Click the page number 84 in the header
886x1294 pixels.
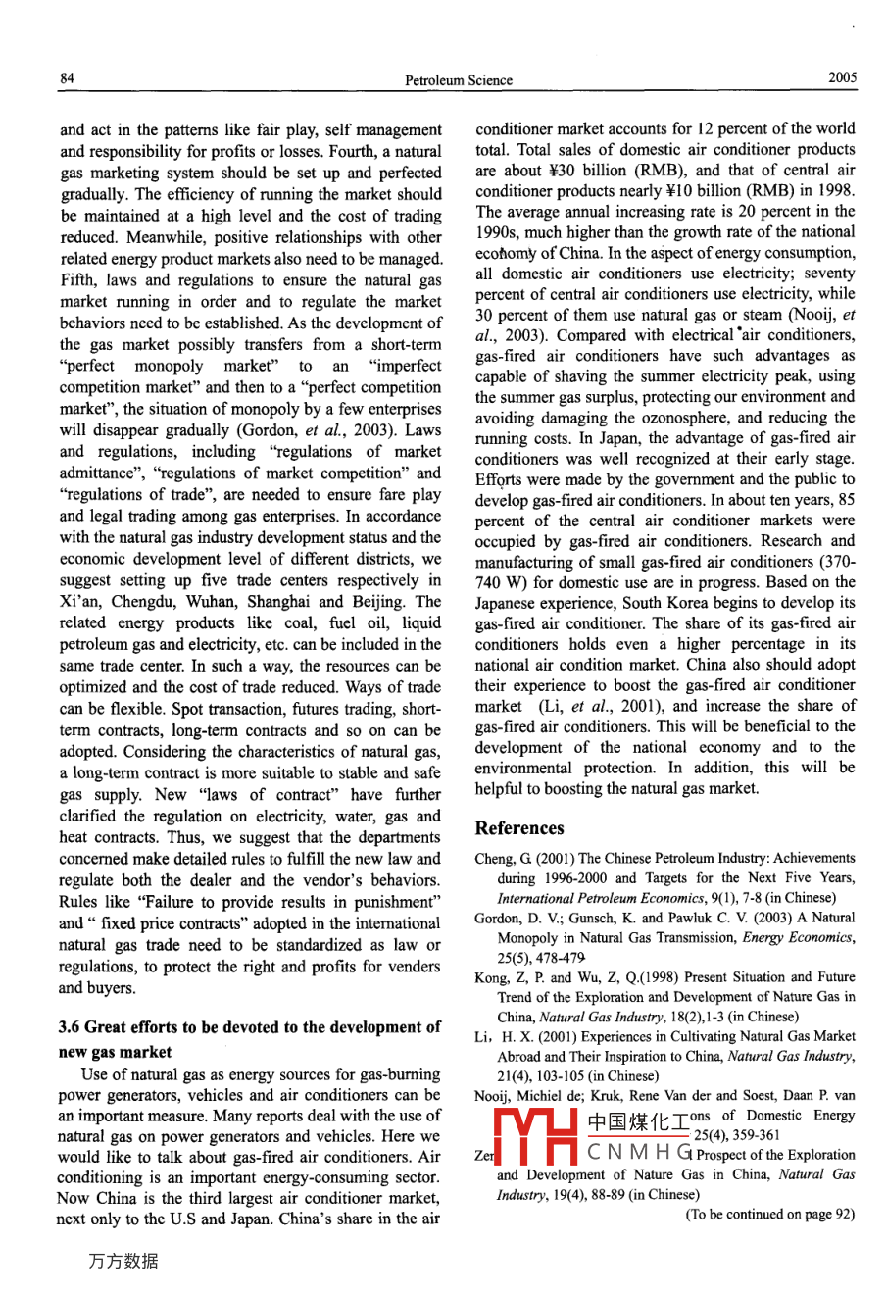67,78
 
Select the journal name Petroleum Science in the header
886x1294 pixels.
458,80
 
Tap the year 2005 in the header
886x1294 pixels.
841,78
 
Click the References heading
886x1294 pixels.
519,828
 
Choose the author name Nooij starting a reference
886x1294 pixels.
496,1095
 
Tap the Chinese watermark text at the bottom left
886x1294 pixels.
123,1262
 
